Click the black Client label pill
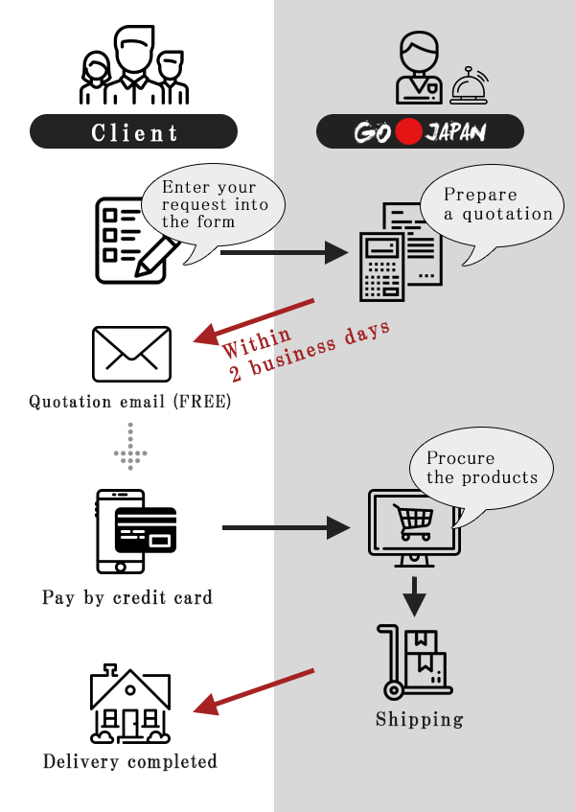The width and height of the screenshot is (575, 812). click(x=133, y=131)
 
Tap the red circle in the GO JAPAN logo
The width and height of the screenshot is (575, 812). click(x=409, y=131)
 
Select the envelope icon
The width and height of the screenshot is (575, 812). click(x=131, y=354)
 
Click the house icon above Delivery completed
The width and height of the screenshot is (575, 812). click(x=130, y=705)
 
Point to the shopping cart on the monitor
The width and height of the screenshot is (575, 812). click(x=414, y=522)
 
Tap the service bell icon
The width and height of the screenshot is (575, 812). click(x=469, y=85)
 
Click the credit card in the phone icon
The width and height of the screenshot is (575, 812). click(x=146, y=529)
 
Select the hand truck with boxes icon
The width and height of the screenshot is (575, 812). click(x=414, y=662)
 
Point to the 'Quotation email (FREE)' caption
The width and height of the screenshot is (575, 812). click(x=130, y=402)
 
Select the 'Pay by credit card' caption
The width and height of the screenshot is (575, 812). click(x=127, y=597)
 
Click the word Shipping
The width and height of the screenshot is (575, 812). click(x=419, y=719)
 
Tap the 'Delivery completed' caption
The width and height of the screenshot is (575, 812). click(x=130, y=762)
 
